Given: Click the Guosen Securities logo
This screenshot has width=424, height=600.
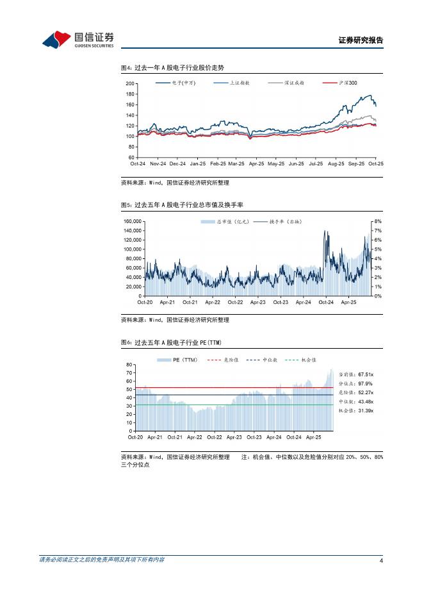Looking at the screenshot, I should pos(78,40).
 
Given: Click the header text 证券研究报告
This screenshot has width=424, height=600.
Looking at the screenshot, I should pos(360,40).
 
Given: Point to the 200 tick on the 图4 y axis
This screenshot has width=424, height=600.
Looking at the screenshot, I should pos(130,84).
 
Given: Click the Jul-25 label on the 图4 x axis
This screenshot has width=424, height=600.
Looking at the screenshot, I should pos(316,164).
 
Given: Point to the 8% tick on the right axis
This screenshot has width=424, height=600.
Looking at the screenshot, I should pos(377,221).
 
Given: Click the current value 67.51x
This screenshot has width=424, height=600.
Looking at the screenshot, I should pos(366,373).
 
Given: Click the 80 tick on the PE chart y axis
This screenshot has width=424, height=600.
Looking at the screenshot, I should pos(129,364).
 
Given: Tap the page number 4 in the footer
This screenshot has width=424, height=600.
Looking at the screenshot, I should pos(381,561).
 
